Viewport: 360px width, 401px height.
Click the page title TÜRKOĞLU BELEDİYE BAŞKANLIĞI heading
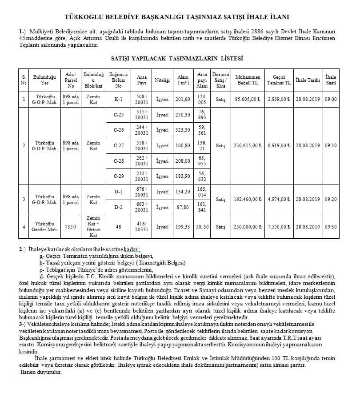(177, 17)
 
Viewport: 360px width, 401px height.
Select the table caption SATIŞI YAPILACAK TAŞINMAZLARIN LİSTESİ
(176, 58)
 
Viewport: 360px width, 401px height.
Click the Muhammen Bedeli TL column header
(248, 80)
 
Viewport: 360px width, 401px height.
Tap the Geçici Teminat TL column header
(279, 80)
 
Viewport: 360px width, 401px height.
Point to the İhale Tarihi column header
(308, 80)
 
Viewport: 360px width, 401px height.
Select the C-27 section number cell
(119, 145)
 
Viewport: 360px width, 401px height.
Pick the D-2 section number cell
(119, 207)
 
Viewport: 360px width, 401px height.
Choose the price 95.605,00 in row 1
(248, 99)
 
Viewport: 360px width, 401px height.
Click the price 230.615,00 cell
(248, 145)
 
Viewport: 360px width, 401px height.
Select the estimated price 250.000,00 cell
(248, 227)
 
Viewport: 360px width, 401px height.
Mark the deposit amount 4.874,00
(279, 199)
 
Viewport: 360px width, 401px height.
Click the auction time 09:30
(331, 227)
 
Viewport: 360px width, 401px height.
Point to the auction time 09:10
(331, 145)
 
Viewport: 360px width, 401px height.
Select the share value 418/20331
(142, 227)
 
